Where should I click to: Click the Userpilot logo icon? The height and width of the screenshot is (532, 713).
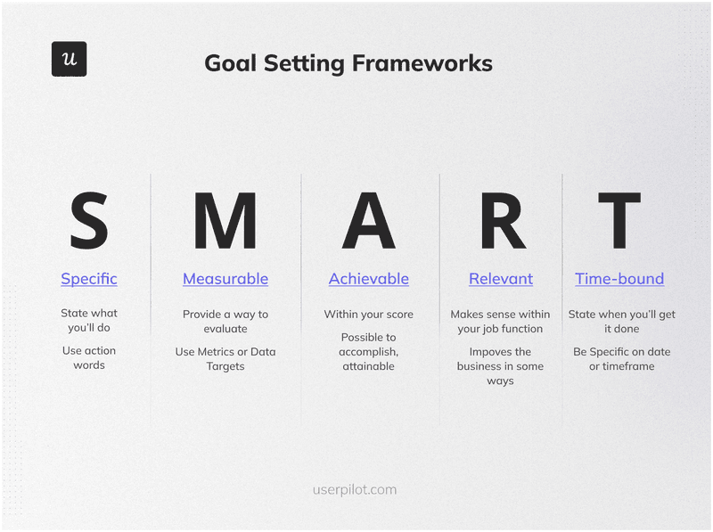coord(70,59)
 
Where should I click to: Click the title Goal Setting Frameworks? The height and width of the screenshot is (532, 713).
coord(348,63)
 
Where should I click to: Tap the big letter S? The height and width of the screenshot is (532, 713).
coord(89,221)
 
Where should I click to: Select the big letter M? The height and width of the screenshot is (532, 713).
coord(225,221)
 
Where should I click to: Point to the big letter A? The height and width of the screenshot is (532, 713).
coord(368,221)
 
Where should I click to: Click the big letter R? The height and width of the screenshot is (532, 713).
coord(502,221)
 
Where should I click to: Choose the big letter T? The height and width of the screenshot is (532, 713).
coord(619,221)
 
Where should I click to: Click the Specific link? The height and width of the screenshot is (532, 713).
coord(89,279)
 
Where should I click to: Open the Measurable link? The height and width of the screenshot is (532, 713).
coord(225,279)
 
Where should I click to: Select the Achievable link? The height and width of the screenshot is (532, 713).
coord(369,279)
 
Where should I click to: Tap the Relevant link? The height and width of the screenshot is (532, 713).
coord(501,279)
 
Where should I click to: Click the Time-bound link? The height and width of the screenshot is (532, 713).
coord(619,279)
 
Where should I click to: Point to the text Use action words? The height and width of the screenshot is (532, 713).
coord(89,357)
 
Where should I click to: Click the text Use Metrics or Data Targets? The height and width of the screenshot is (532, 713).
coord(225,359)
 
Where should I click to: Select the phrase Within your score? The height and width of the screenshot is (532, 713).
coord(368,315)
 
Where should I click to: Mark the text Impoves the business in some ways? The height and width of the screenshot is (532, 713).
coord(500,366)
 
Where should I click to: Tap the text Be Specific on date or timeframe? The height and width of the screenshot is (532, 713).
coord(621,359)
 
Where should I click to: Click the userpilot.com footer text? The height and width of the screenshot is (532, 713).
coord(355,489)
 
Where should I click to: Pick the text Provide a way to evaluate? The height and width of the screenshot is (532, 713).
coord(225,322)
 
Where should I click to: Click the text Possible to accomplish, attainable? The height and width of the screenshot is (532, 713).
coord(368,351)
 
